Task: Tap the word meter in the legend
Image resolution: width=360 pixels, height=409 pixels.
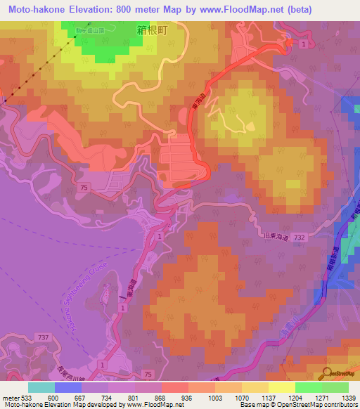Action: tap(12, 397)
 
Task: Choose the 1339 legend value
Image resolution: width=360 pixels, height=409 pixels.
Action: tap(347, 397)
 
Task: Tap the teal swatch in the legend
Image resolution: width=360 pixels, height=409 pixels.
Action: tap(41, 387)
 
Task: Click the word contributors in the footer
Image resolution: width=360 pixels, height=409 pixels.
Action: tap(341, 405)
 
